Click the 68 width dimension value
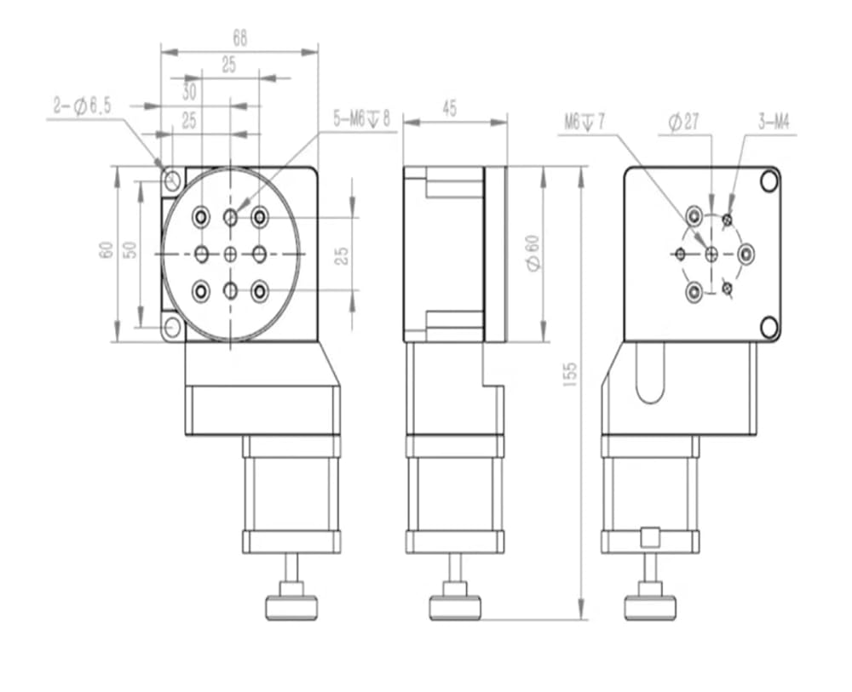tap(239, 38)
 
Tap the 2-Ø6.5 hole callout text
tap(82, 106)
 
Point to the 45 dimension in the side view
tap(449, 109)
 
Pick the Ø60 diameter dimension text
tap(533, 253)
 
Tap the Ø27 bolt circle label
tap(683, 122)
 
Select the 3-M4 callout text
tap(774, 122)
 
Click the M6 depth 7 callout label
tap(584, 122)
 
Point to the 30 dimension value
tap(188, 92)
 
